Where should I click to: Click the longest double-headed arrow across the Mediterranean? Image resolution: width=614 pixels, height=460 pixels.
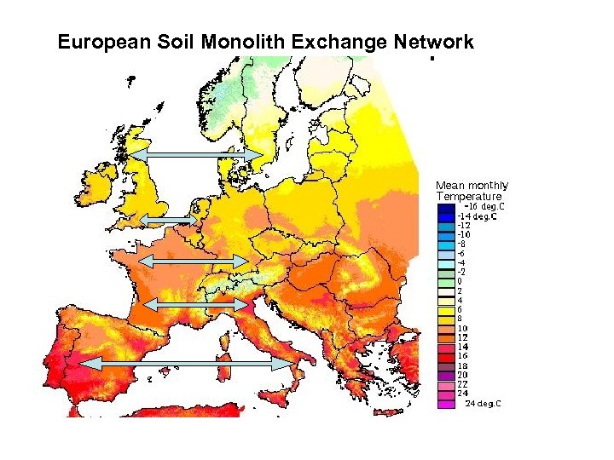[x=186, y=363]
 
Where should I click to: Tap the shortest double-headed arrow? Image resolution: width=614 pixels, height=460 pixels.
[x=167, y=221]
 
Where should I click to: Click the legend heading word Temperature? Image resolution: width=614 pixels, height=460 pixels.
[x=468, y=196]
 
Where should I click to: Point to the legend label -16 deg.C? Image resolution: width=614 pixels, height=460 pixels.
[x=482, y=206]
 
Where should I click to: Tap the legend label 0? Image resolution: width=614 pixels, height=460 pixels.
[x=460, y=281]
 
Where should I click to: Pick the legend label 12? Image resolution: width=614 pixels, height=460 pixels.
[x=461, y=338]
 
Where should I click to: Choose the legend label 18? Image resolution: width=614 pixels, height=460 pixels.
[x=461, y=365]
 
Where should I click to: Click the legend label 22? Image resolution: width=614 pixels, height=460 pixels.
[x=461, y=384]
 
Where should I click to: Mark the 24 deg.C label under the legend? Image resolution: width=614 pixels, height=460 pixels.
[x=483, y=404]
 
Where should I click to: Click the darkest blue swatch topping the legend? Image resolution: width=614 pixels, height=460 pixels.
[x=446, y=207]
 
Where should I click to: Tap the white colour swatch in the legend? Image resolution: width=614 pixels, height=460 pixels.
[x=446, y=291]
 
